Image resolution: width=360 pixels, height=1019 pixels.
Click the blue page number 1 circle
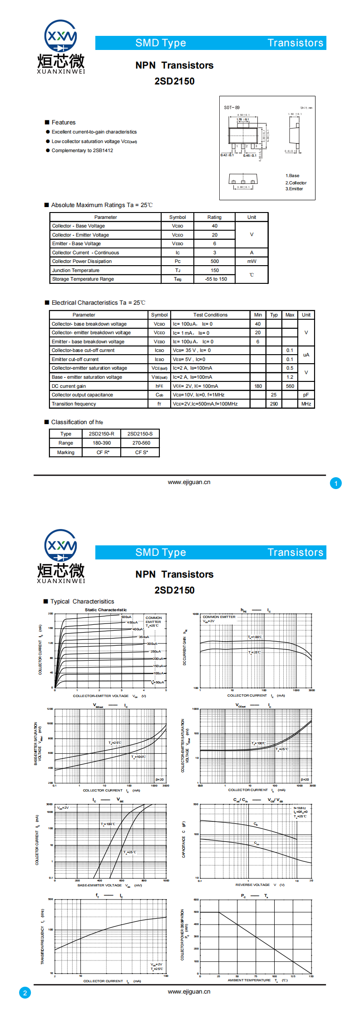335,483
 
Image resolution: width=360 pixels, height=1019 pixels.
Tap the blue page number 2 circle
25,993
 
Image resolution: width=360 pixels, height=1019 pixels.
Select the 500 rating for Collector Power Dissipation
214,262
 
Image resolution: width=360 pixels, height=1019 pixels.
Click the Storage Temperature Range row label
83,279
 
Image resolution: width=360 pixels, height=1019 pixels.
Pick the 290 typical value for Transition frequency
274,404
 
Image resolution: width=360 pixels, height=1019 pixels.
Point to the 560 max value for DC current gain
290,386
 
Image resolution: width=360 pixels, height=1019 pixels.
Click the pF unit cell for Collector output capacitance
306,395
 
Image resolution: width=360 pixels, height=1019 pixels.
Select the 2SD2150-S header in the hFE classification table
140,434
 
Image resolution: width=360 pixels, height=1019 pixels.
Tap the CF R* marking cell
103,453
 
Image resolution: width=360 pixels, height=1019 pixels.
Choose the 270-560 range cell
141,443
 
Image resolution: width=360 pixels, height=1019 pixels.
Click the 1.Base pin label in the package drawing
292,176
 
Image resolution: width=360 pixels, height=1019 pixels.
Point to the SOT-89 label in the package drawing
232,108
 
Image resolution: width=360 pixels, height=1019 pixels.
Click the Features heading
63,123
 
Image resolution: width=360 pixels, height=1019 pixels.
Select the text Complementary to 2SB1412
82,151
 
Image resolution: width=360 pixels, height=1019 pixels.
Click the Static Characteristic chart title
106,610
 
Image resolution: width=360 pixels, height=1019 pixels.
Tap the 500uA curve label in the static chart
126,617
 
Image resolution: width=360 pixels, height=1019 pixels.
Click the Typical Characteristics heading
82,602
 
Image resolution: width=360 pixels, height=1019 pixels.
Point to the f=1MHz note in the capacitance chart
300,808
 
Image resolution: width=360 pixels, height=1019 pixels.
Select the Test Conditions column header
210,315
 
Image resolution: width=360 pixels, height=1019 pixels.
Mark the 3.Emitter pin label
294,189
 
